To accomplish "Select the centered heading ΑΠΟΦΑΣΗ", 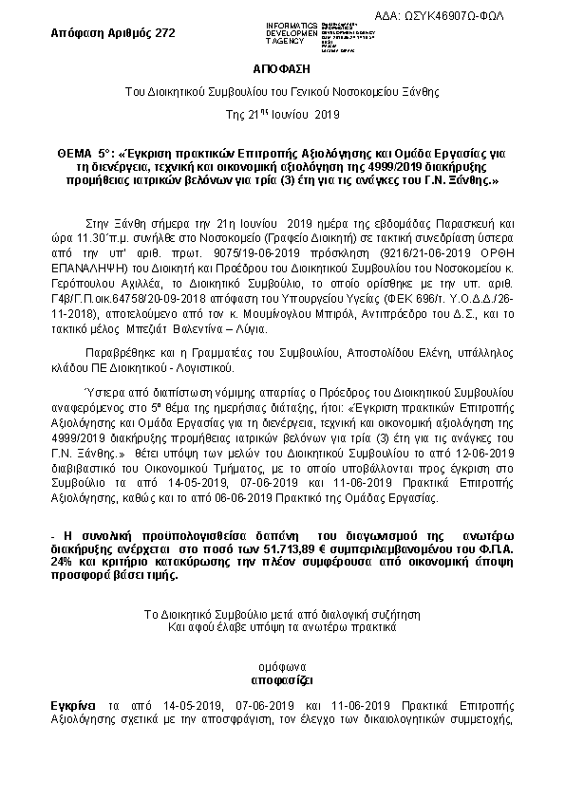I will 282,70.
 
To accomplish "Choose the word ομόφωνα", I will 282,667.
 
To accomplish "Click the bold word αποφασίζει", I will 282,680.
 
